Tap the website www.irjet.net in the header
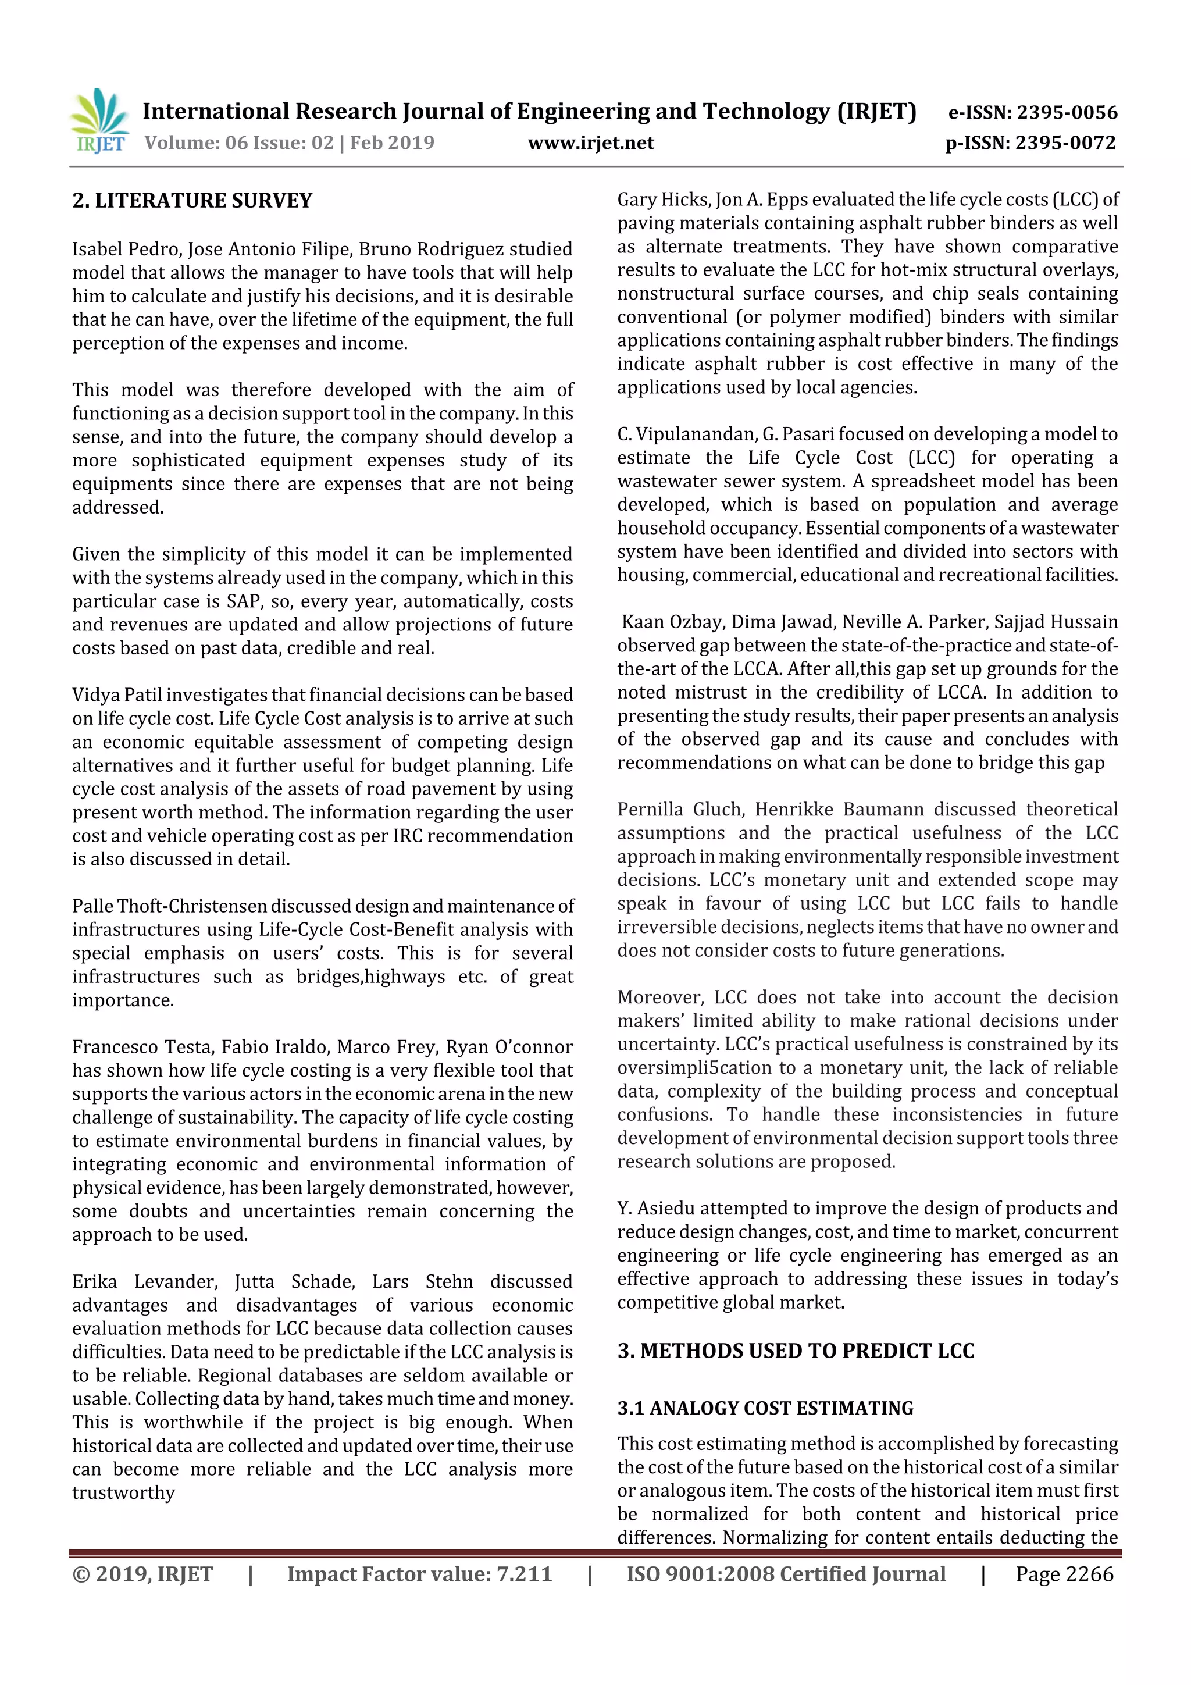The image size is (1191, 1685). click(591, 143)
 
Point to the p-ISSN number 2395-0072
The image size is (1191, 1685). click(1066, 143)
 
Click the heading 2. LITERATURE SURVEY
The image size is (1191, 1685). click(192, 200)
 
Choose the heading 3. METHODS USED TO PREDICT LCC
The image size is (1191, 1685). click(796, 1351)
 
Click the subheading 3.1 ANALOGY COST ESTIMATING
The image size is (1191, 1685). click(765, 1408)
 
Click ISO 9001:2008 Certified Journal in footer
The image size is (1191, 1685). click(786, 1573)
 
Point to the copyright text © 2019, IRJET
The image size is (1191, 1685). click(142, 1573)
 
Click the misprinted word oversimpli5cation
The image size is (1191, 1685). click(694, 1067)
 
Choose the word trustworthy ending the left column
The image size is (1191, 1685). click(123, 1492)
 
